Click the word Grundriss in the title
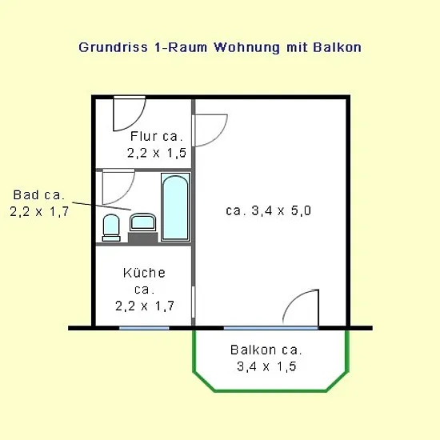(113, 47)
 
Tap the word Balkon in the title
(337, 47)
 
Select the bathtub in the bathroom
(176, 207)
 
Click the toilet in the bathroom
(111, 227)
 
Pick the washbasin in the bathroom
(142, 222)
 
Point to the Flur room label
(156, 136)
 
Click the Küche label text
(144, 273)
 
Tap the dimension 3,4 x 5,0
(281, 210)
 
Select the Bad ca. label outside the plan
(38, 194)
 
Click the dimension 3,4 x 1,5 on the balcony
(266, 366)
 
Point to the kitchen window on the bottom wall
(144, 328)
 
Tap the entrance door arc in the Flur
(138, 121)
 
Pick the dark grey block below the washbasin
(143, 238)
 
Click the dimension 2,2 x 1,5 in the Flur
(157, 153)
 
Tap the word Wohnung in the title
(247, 47)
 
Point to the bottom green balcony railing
(270, 390)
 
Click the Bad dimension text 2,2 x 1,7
(39, 211)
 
